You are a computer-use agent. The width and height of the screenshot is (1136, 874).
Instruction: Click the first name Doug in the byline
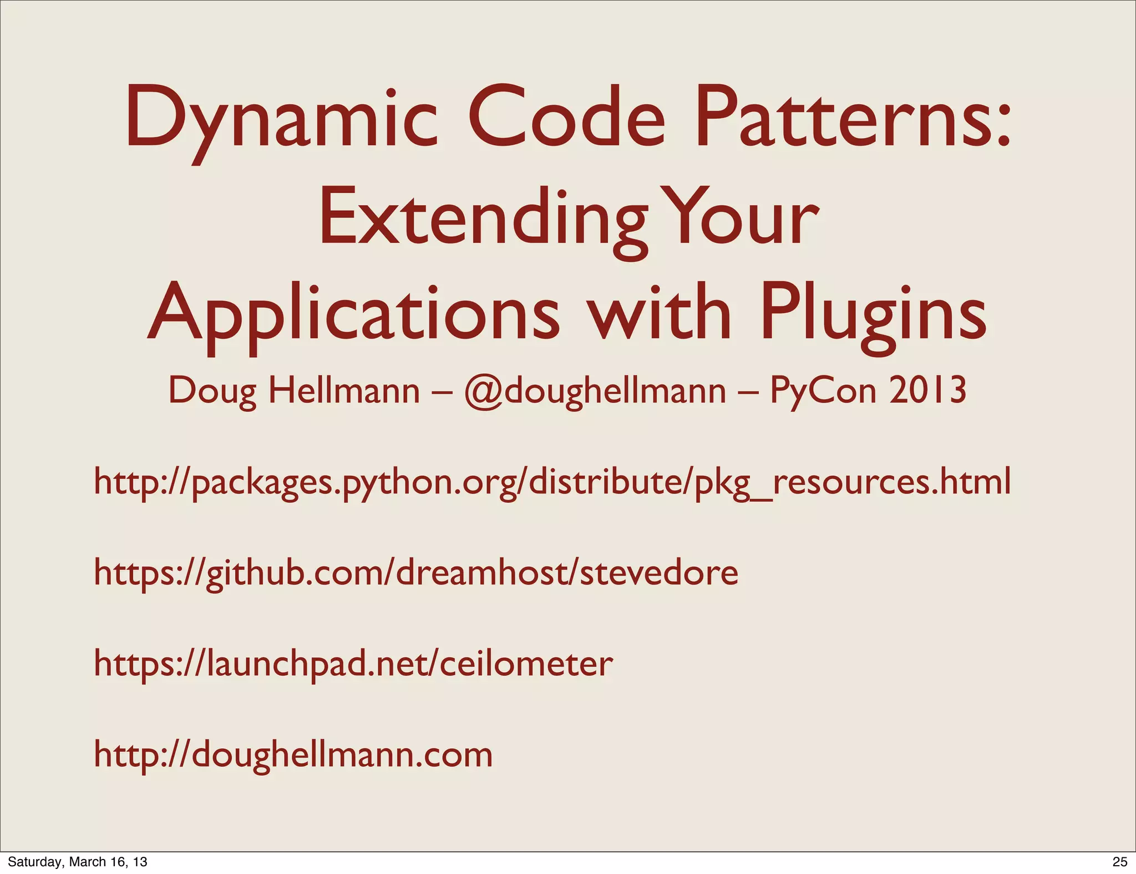click(x=212, y=391)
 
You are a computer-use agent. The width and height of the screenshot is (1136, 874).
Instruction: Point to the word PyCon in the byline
click(x=823, y=391)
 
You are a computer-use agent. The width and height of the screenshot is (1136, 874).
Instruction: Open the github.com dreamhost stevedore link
click(x=416, y=573)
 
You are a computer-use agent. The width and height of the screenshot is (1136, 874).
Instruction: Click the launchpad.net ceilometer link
click(x=353, y=664)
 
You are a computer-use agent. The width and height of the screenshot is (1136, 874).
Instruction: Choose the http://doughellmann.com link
click(x=293, y=755)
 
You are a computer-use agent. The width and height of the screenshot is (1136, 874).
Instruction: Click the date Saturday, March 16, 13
click(x=78, y=861)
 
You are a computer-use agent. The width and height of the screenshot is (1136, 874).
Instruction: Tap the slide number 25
click(x=1120, y=861)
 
